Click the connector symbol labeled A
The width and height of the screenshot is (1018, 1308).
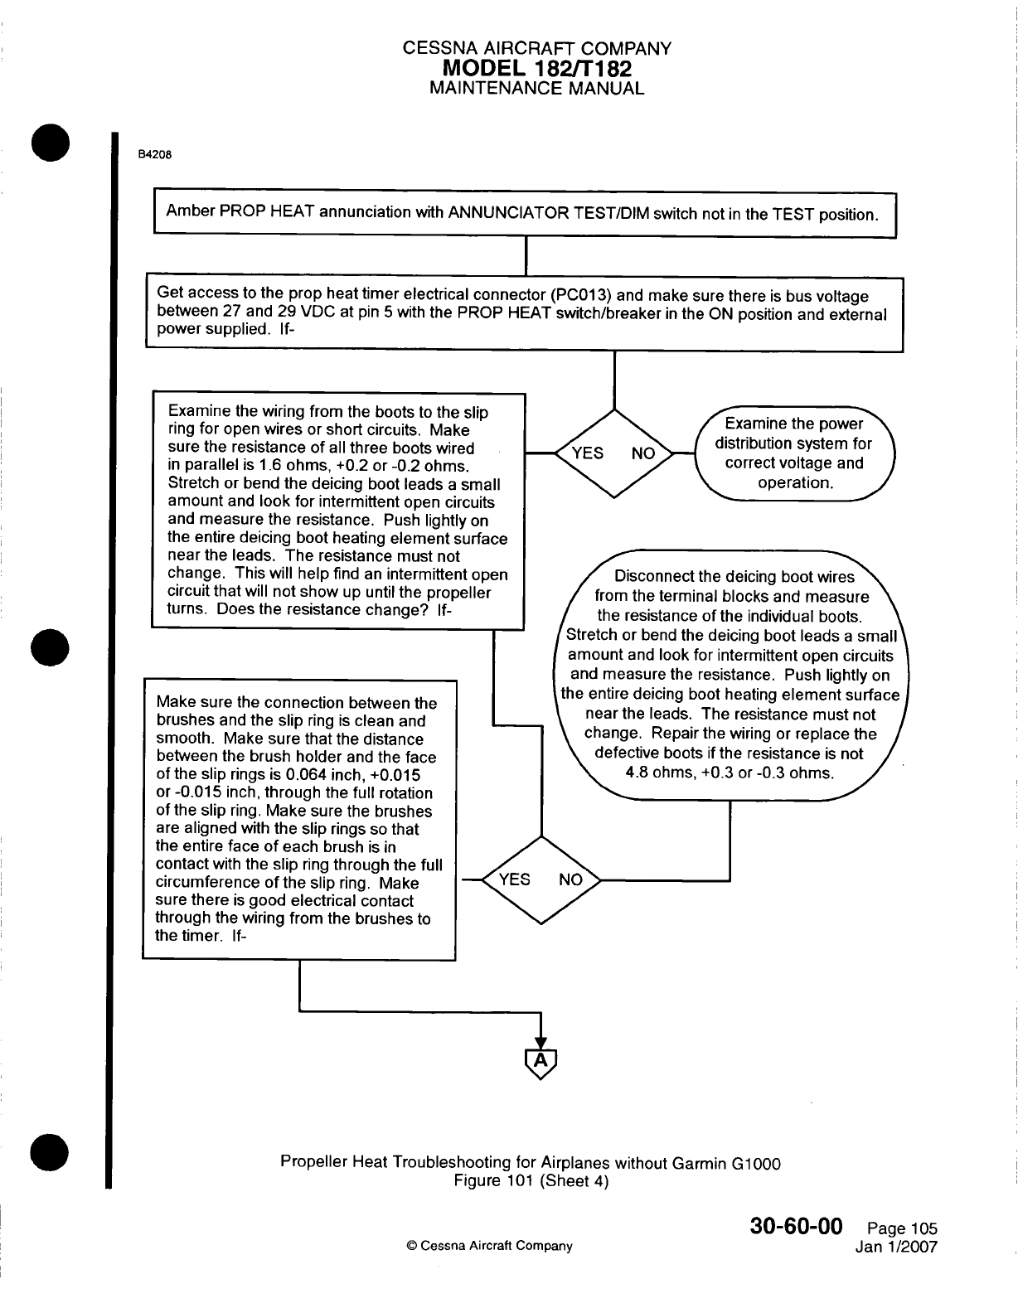click(540, 1062)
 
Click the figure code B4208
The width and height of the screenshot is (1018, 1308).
click(155, 154)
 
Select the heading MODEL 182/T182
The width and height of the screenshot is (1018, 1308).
click(536, 69)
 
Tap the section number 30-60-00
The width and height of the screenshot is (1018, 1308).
click(796, 1226)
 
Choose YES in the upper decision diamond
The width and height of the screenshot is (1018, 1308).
click(588, 453)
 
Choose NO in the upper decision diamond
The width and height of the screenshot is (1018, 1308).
click(643, 453)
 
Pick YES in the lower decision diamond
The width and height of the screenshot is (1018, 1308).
click(514, 879)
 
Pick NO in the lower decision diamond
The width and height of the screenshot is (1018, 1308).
click(570, 879)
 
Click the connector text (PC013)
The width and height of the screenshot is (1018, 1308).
click(580, 296)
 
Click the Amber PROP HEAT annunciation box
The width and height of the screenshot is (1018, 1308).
click(521, 214)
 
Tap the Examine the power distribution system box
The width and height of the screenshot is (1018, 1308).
click(793, 453)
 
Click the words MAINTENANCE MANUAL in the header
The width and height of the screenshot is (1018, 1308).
click(536, 89)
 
